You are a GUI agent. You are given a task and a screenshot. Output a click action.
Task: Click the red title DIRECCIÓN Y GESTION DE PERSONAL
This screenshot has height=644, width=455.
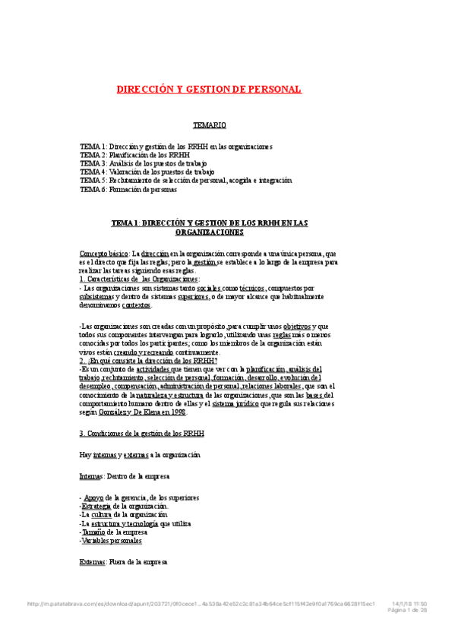tap(209, 90)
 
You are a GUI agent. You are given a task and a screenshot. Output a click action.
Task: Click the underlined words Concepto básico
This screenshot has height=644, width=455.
tap(104, 253)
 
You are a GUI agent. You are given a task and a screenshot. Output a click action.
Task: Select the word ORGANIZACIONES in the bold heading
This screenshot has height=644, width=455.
tap(209, 232)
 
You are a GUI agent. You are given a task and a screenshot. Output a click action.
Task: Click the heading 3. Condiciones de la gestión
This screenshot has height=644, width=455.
tap(141, 434)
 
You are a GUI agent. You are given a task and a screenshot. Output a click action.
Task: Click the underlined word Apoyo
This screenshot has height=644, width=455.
tap(95, 497)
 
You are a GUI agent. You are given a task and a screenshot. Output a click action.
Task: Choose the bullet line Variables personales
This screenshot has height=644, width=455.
tap(111, 541)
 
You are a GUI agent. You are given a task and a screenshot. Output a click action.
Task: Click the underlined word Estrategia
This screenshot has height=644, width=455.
tap(99, 506)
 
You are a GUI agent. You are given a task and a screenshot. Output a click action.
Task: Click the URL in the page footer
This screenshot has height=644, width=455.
tap(201, 604)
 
